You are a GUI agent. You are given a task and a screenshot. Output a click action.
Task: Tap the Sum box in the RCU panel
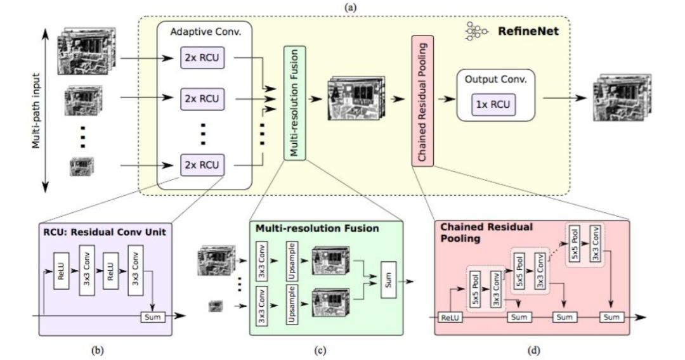(x=152, y=316)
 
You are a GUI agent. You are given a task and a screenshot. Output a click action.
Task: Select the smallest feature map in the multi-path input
(x=82, y=166)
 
